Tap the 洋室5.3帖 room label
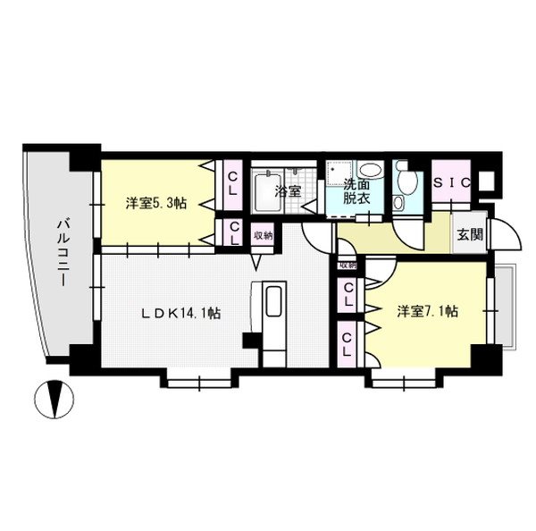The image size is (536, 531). (x=155, y=203)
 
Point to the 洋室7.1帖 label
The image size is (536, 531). (x=428, y=311)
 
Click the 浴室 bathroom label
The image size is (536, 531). (x=287, y=191)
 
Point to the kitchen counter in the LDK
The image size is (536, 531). (x=272, y=313)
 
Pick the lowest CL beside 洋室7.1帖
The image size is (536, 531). (x=348, y=345)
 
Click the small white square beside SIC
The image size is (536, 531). (x=486, y=180)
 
